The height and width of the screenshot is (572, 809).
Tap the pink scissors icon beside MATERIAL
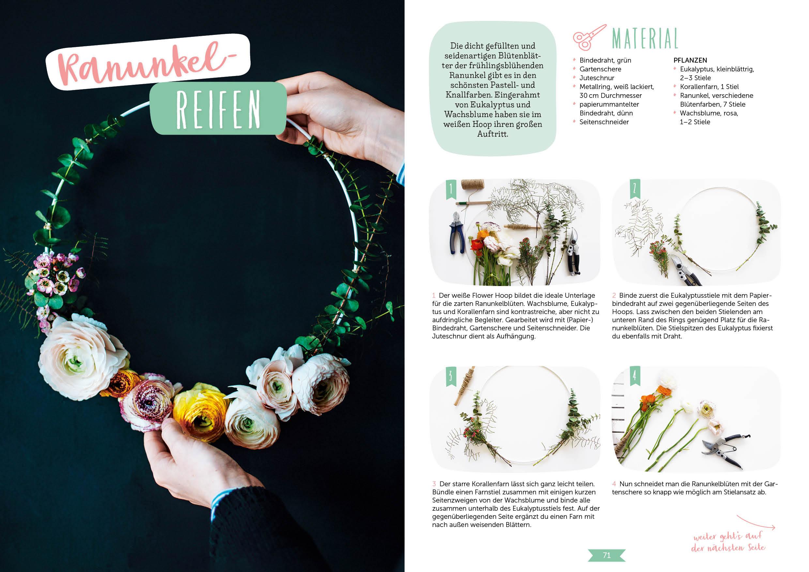point(589,37)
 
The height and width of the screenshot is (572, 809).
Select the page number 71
point(606,555)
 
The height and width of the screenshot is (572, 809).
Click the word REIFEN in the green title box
point(218,109)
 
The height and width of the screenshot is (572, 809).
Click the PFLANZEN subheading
point(690,60)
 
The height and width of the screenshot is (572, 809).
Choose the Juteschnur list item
point(597,78)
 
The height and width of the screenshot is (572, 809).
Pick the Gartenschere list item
point(600,69)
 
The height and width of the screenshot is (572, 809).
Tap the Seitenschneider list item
point(604,122)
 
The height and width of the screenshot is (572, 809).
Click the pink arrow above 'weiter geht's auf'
point(756,522)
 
